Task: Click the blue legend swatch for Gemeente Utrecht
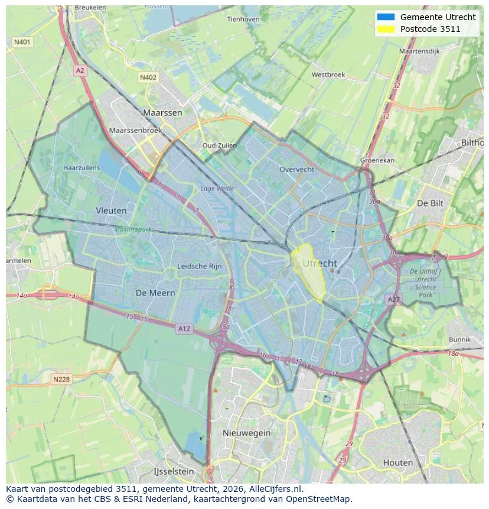[386, 17]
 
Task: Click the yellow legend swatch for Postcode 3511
[386, 29]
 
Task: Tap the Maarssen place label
[162, 112]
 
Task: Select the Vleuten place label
[111, 210]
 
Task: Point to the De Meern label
[155, 293]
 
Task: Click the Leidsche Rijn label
[200, 266]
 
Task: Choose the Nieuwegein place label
[246, 433]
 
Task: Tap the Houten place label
[397, 462]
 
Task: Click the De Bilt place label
[430, 203]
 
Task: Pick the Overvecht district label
[296, 169]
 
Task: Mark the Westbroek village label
[328, 75]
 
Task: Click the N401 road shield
[22, 42]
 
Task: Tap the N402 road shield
[148, 77]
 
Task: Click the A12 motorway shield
[184, 329]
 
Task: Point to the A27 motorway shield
[393, 300]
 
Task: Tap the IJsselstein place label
[174, 471]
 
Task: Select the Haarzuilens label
[81, 168]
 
